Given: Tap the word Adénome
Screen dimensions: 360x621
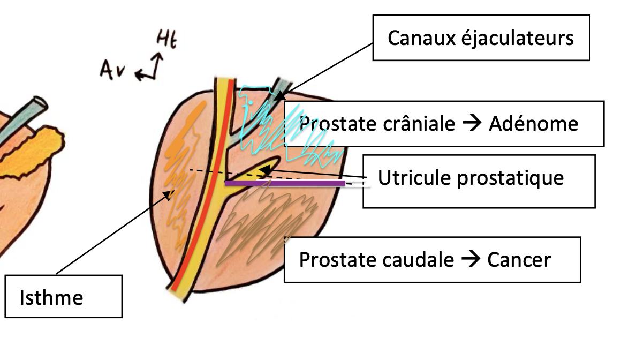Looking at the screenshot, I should click(x=533, y=124).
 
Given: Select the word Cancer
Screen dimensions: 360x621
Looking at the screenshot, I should click(x=519, y=260).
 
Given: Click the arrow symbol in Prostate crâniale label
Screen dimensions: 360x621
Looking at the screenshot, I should click(x=472, y=124).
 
